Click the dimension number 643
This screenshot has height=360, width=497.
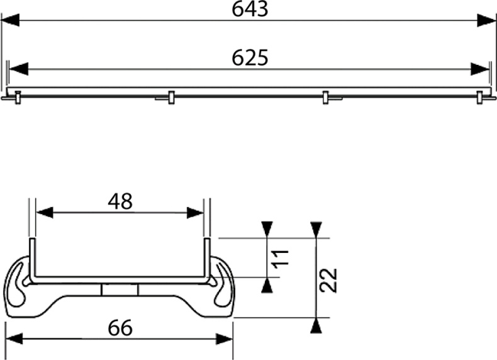click(x=250, y=9)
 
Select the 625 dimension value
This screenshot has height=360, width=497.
click(x=250, y=57)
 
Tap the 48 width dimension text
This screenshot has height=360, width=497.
click(x=120, y=201)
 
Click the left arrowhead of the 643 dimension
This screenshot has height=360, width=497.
click(x=11, y=20)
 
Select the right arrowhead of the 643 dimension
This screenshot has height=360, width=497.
click(x=487, y=20)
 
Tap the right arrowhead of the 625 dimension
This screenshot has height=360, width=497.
click(x=480, y=69)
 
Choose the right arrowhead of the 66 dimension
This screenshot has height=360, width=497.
click(x=225, y=339)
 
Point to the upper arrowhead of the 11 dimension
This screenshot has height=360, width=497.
click(x=267, y=228)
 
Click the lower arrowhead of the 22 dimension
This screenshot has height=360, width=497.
click(x=317, y=326)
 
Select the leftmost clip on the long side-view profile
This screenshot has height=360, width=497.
click(x=18, y=97)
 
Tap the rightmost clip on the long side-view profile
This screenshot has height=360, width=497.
click(x=480, y=97)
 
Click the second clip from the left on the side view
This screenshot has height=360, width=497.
click(x=170, y=97)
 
